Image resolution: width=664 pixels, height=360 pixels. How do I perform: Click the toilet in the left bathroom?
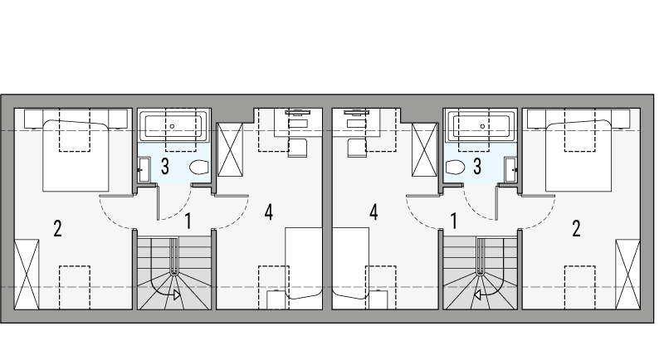[199, 167]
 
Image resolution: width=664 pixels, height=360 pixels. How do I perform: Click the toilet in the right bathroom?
[456, 167]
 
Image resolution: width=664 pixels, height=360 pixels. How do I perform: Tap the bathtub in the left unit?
[174, 126]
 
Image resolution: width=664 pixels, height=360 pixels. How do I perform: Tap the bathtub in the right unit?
[481, 126]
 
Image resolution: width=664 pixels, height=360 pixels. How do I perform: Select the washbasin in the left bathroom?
[144, 170]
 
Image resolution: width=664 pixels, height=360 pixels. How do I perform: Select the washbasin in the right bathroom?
[510, 170]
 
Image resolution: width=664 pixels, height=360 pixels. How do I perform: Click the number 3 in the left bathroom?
[165, 166]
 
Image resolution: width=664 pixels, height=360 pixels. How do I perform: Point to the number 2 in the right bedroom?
[576, 229]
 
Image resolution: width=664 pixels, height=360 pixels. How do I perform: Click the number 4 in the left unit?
[268, 212]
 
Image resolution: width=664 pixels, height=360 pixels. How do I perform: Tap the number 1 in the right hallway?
[454, 221]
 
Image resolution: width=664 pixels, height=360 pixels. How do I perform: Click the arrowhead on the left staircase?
[177, 294]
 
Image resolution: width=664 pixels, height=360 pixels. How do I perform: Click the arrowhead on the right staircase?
[477, 294]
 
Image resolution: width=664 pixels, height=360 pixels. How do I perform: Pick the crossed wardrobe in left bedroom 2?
[27, 274]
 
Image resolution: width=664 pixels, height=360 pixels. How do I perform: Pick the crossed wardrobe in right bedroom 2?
[627, 274]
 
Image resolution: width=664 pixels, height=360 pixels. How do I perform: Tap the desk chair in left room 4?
[297, 148]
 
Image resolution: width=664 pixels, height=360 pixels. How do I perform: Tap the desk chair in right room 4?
[357, 148]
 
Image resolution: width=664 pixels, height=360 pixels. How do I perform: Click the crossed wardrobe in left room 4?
[230, 150]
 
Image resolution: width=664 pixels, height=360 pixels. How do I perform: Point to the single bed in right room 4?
[350, 263]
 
